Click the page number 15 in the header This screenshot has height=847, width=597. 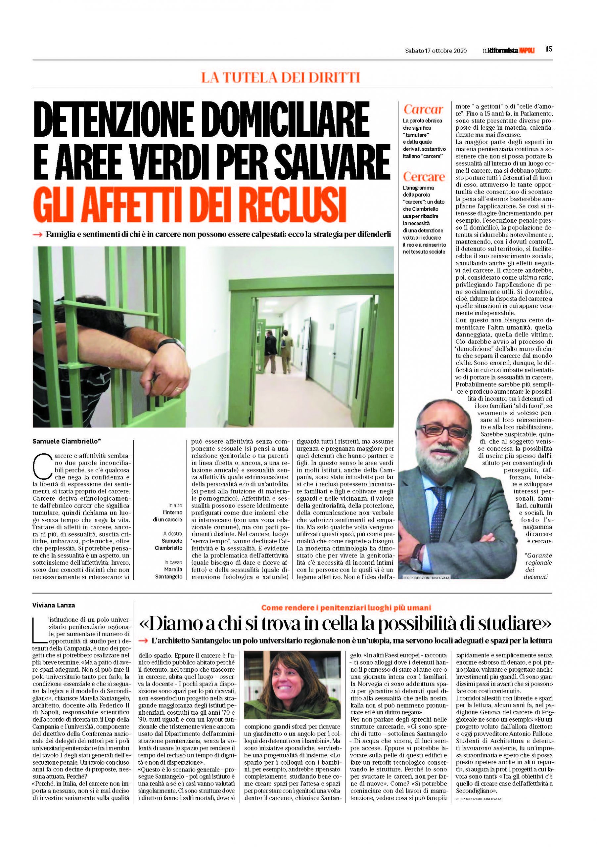549,49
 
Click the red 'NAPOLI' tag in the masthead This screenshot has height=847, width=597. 527,51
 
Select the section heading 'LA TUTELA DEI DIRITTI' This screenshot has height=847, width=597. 280,77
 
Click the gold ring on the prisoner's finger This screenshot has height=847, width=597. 178,389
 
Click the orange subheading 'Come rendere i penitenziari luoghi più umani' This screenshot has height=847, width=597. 346,607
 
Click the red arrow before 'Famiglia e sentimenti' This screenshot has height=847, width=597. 38,235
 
